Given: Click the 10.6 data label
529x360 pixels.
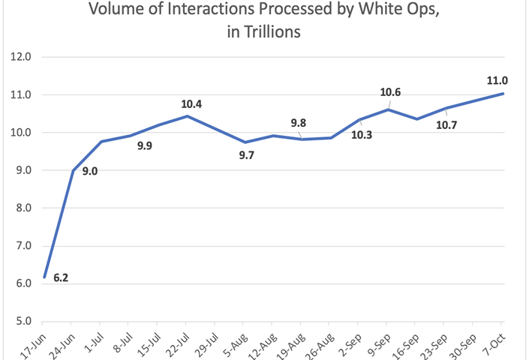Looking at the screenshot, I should pyautogui.click(x=390, y=93).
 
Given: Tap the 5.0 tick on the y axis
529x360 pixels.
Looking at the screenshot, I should pyautogui.click(x=23, y=322).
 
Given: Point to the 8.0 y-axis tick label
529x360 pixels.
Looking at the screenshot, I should pyautogui.click(x=23, y=208).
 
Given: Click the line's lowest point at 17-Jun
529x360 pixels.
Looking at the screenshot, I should pyautogui.click(x=45, y=277).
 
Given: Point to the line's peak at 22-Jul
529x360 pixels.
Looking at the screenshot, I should pyautogui.click(x=187, y=116).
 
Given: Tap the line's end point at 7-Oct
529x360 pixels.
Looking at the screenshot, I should pyautogui.click(x=503, y=94).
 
